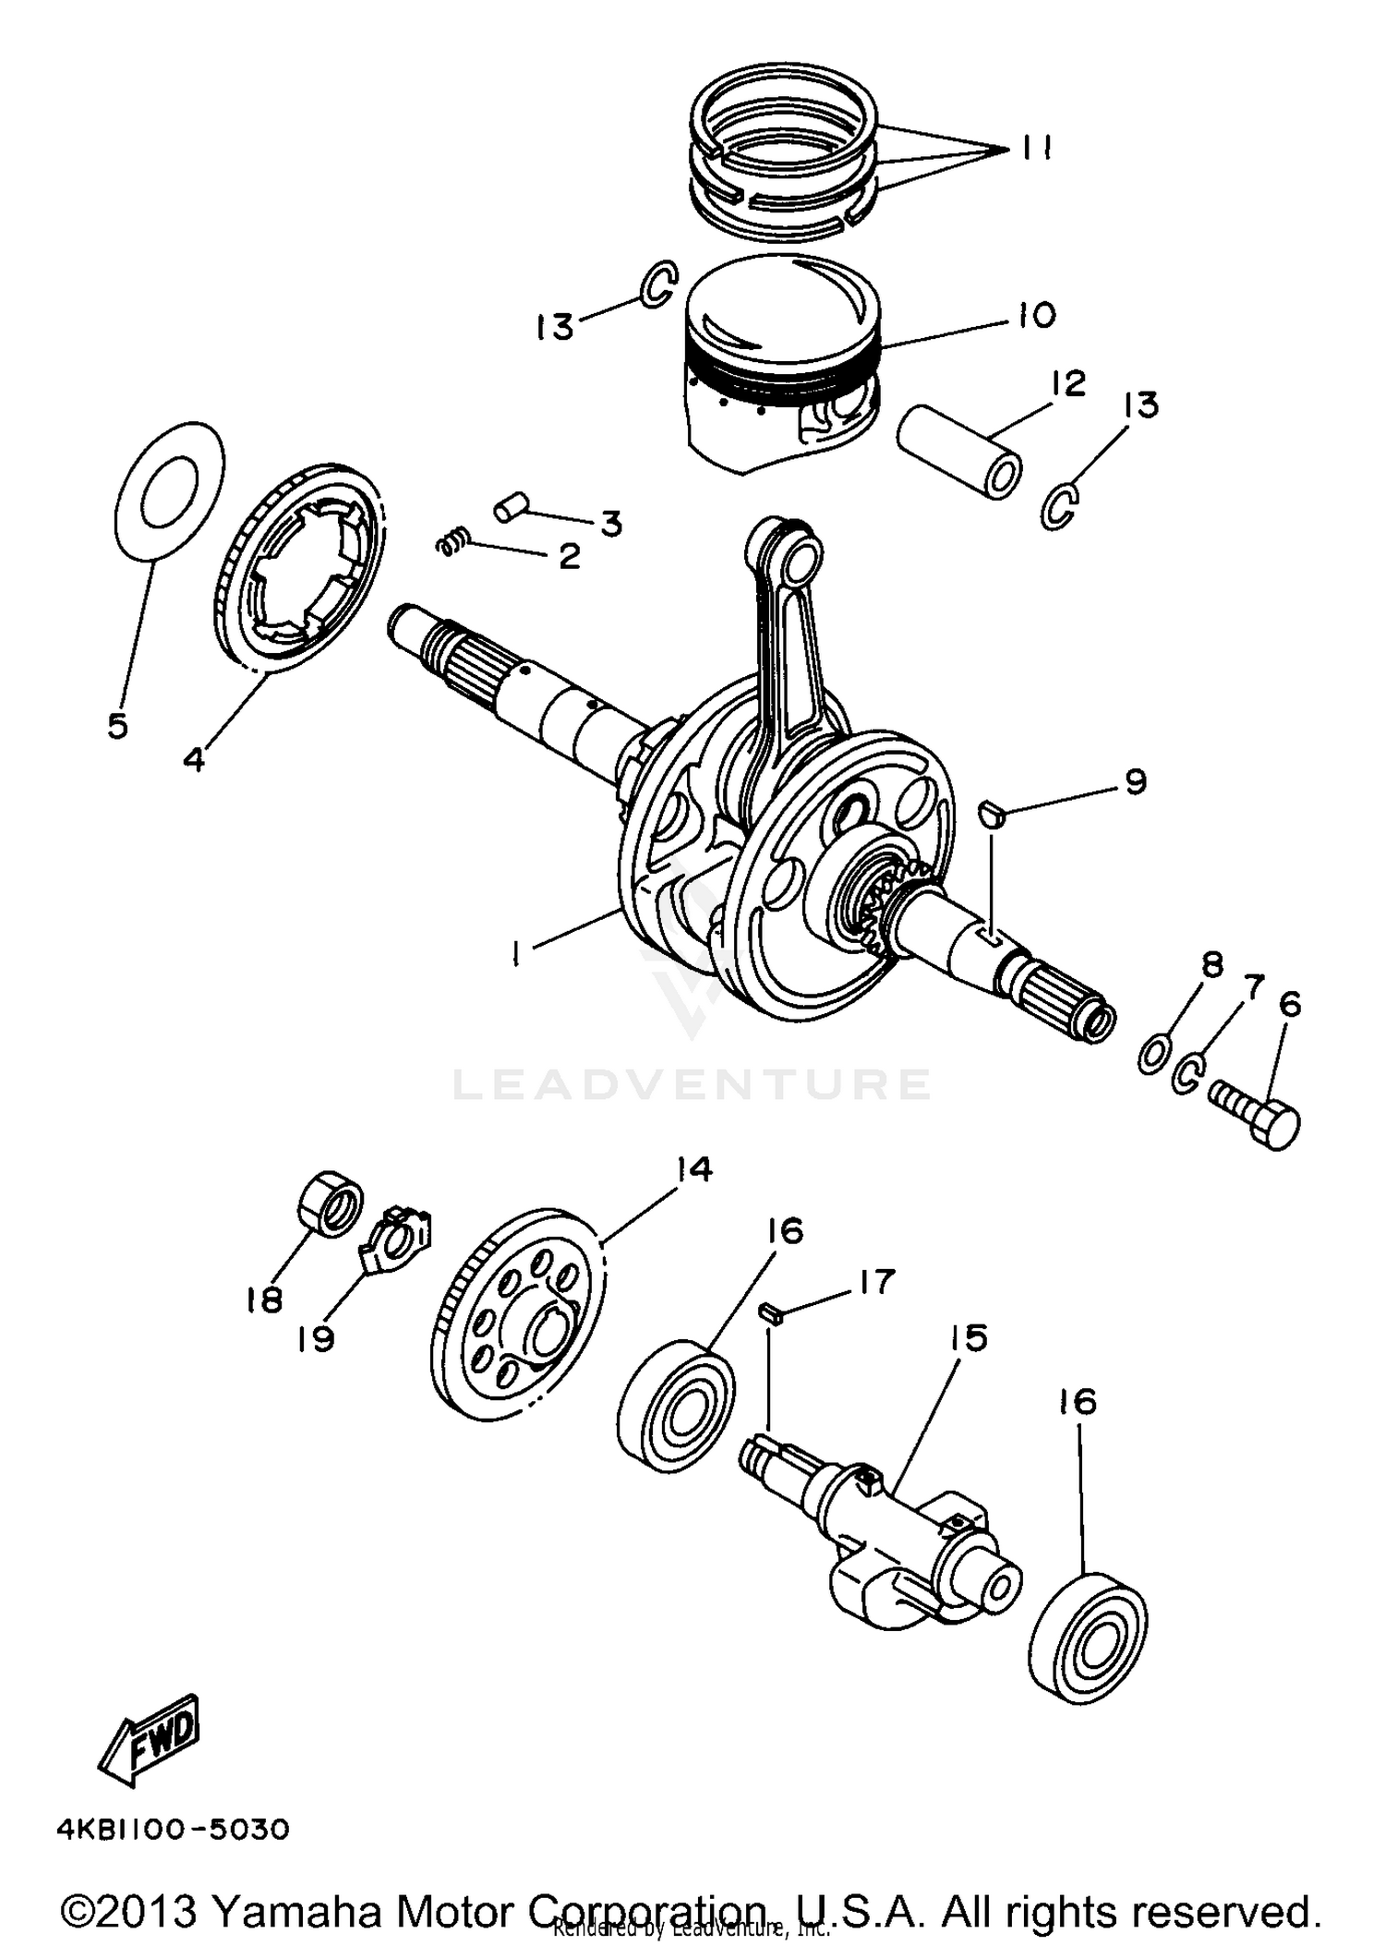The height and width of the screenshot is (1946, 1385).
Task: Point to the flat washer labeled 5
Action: point(168,490)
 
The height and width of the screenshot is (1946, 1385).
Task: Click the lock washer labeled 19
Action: point(396,1241)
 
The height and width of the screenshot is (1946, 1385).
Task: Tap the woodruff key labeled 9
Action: point(989,813)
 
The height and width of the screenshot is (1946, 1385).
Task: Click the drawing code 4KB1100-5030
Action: point(174,1829)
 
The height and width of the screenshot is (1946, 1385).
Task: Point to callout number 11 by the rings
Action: point(1037,148)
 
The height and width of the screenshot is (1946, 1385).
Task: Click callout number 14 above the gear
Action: point(693,1168)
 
